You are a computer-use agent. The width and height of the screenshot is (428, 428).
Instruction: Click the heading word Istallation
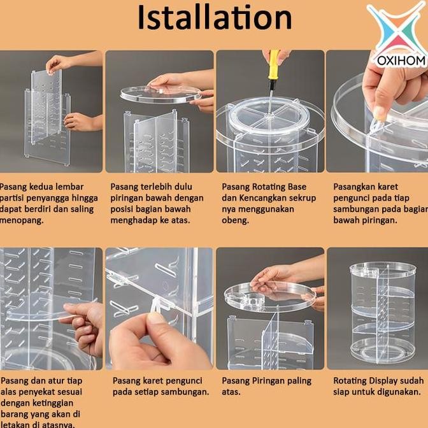214,19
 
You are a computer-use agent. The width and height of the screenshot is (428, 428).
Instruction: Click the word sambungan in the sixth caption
182,391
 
